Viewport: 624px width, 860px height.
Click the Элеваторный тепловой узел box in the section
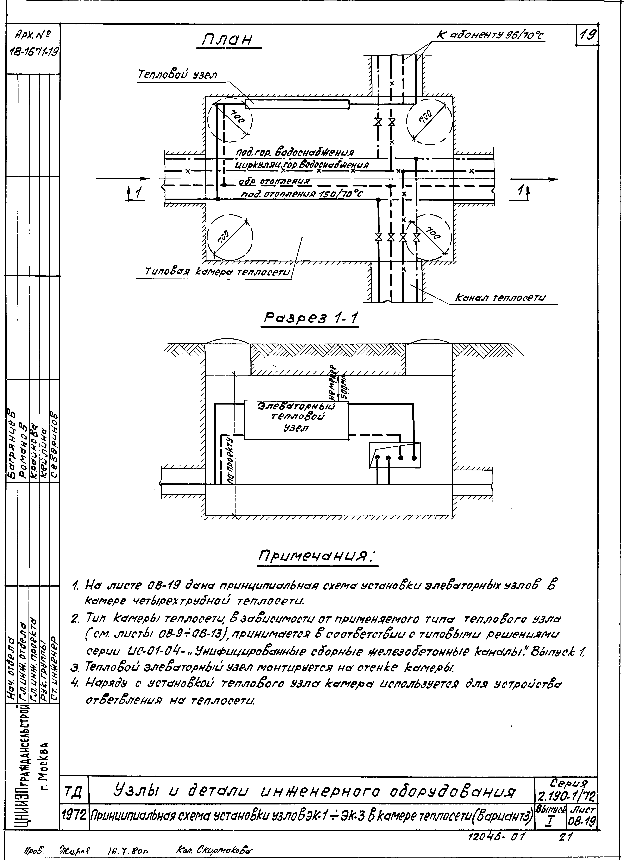click(x=296, y=420)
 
